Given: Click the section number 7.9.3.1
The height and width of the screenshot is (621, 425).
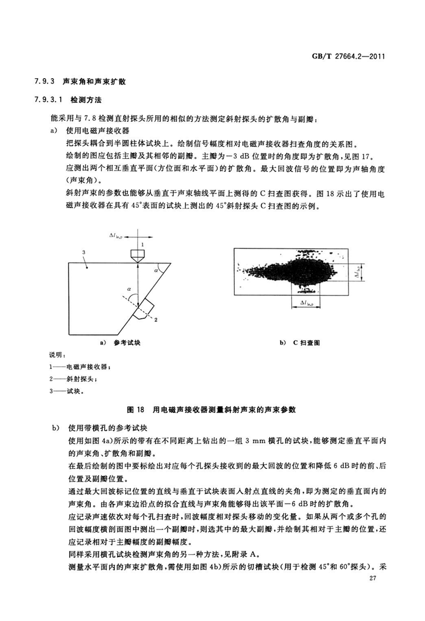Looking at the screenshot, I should point(48,99).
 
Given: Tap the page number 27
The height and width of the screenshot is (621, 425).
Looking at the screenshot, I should point(378,593).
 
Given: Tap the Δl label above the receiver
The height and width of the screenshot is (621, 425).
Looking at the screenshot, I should point(115,234).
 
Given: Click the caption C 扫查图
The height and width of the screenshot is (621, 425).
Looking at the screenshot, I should point(307,343).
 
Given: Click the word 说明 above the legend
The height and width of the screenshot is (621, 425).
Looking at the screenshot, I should point(56,355).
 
